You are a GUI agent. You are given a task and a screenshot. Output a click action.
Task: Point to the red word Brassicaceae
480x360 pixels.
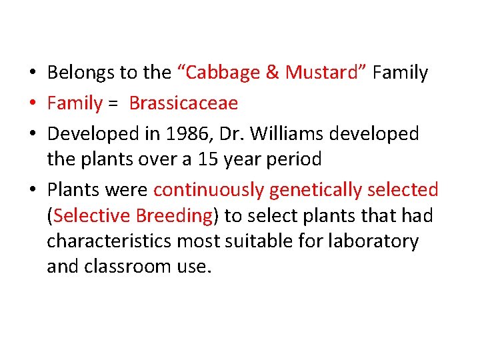[183, 103]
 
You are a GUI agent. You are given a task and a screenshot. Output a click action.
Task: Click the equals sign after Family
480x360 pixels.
[113, 104]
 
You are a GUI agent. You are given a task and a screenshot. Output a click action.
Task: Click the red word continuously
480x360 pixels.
[209, 190]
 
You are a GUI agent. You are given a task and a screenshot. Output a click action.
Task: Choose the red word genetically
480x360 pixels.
[311, 190]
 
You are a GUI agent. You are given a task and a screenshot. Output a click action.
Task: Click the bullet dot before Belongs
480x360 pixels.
[32, 73]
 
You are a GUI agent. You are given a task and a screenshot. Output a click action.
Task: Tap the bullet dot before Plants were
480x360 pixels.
[32, 191]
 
